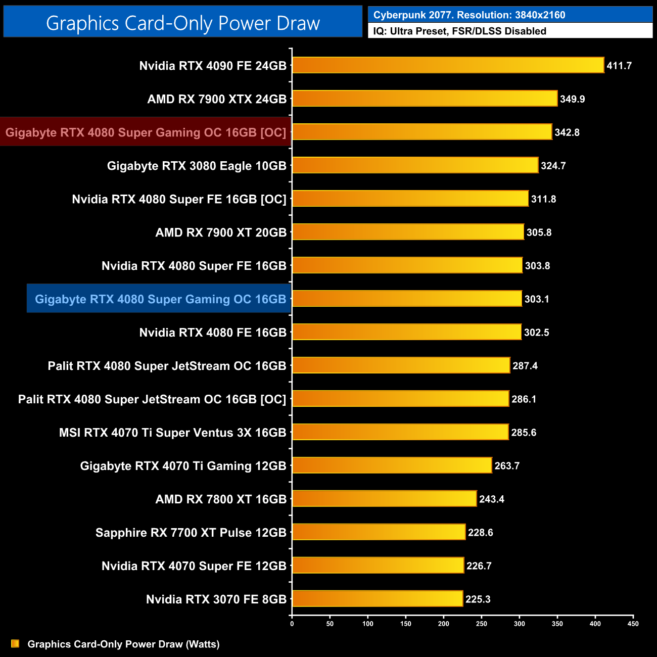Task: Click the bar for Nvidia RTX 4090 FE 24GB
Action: [448, 65]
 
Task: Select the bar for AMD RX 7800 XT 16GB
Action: [384, 499]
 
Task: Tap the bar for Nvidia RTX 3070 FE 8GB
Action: [378, 599]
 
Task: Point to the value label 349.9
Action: [572, 99]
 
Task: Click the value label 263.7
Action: [507, 466]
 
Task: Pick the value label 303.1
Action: [537, 299]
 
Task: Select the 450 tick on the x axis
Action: [633, 624]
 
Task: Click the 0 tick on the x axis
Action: [292, 624]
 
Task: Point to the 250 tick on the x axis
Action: [481, 624]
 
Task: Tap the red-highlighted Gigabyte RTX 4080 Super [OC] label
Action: [146, 132]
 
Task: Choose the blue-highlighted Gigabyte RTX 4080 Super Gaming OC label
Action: [160, 299]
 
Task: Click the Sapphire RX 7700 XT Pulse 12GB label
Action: [191, 533]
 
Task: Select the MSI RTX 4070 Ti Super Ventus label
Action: [172, 433]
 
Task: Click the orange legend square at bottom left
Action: [15, 643]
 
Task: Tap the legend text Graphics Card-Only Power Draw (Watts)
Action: [123, 644]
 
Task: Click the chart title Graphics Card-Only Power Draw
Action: [183, 23]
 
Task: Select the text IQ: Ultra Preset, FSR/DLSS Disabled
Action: [459, 31]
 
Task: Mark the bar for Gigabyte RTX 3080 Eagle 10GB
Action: [415, 165]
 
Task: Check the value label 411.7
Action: [619, 66]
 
